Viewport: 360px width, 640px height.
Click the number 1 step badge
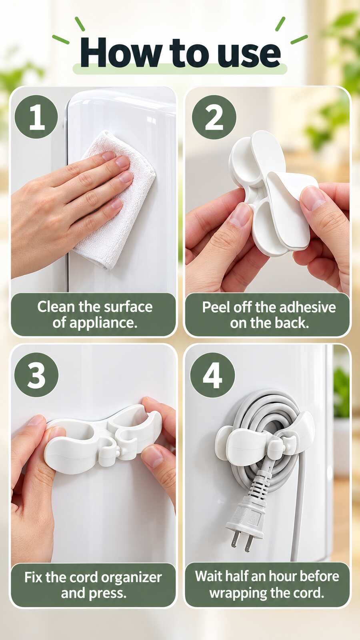[36, 118]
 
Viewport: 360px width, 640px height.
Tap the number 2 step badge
[214, 118]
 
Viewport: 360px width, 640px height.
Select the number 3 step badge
[36, 374]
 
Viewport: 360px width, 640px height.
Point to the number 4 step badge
[212, 374]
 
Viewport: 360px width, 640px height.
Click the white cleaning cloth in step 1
[116, 200]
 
